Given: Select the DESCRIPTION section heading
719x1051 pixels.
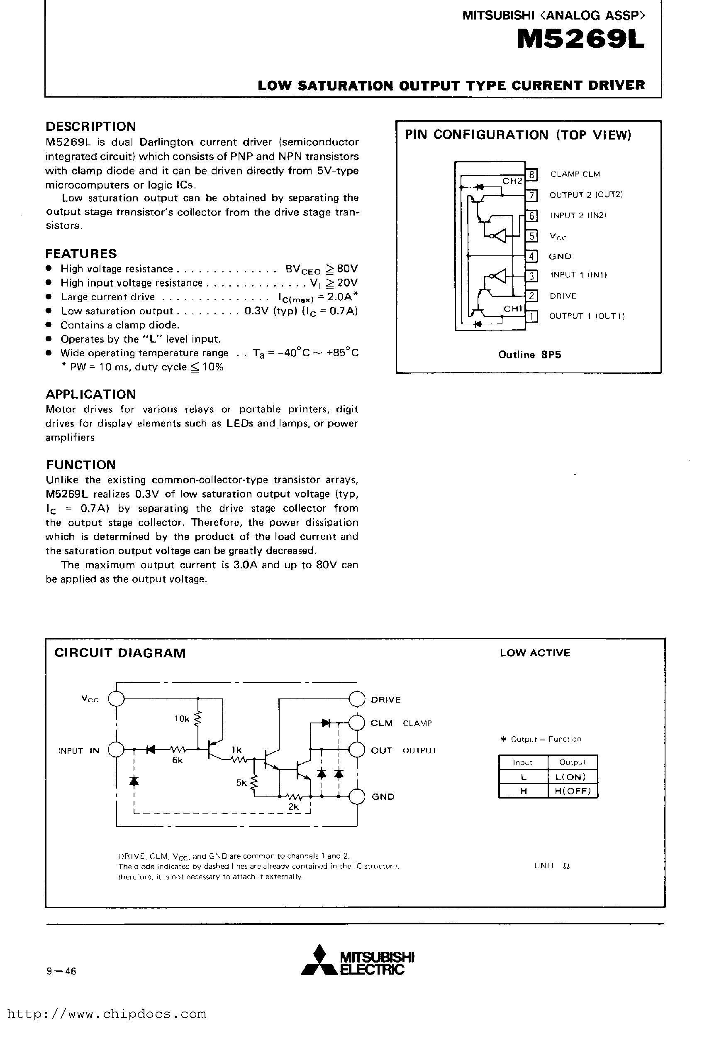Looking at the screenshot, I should (x=91, y=127).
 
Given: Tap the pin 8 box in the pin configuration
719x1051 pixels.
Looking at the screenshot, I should (x=532, y=174).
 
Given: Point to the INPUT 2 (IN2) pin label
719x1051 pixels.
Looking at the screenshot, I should (x=578, y=216).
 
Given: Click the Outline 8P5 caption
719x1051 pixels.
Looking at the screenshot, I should (x=530, y=355).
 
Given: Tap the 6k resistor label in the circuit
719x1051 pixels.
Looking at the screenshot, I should (x=177, y=761).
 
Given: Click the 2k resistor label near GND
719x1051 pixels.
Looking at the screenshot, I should (x=293, y=807).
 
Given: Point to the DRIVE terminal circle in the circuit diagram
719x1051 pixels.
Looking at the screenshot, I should (x=357, y=699).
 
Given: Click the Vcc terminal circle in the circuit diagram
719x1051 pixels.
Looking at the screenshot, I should (x=117, y=699).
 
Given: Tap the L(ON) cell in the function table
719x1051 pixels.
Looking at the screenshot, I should (x=572, y=777).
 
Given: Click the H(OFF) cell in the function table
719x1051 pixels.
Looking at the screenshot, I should (x=572, y=791).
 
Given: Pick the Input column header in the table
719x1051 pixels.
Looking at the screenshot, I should (x=523, y=762).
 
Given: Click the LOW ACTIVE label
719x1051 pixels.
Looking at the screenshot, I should (x=535, y=653).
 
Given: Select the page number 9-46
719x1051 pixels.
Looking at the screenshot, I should (x=61, y=971).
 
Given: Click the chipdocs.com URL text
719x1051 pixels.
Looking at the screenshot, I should (x=107, y=1014).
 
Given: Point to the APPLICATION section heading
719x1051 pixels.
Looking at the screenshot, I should (x=91, y=394).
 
